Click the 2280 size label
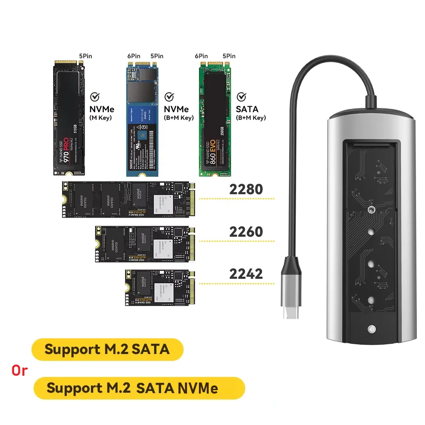tap(246, 189)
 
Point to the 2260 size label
tap(246, 232)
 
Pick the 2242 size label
tap(246, 274)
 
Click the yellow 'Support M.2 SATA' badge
tap(107, 349)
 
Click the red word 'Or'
tap(20, 371)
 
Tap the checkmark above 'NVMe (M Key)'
tap(95, 97)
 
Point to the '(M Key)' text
tap(101, 117)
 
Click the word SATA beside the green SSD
tap(247, 109)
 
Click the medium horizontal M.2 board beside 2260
tap(145, 244)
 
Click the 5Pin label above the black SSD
tap(85, 56)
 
